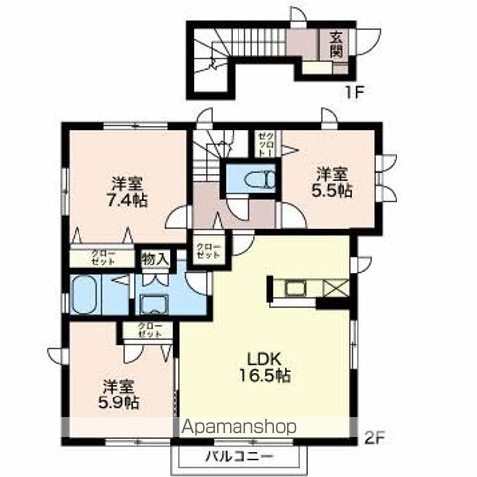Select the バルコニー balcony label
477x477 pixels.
point(238,459)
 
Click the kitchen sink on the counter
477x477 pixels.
point(297,289)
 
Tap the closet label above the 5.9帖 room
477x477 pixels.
point(148,332)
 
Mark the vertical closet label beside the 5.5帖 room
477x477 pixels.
point(265,145)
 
